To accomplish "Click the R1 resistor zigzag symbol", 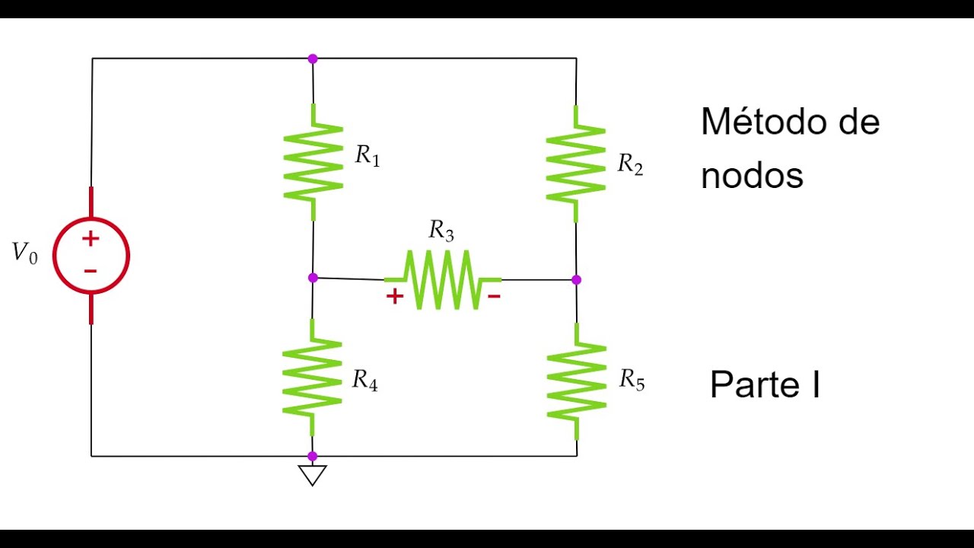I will [x=313, y=161].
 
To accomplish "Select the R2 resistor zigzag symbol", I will [x=576, y=164].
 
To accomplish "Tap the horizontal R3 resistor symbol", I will [x=442, y=279].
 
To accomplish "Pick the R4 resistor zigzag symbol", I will [x=312, y=377].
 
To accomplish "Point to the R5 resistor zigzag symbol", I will [x=576, y=381].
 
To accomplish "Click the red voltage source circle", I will [x=91, y=256].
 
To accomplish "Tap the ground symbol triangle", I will [x=312, y=475].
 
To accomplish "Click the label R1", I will [x=368, y=156].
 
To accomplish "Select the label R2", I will [x=630, y=164].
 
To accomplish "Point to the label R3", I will [x=441, y=230].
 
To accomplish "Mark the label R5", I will [x=632, y=379].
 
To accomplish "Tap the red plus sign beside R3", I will [x=394, y=297].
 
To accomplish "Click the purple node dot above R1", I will [x=312, y=59].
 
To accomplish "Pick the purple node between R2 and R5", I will [x=576, y=280].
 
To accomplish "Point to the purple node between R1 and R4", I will [x=313, y=278].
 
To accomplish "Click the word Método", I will [x=762, y=122].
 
